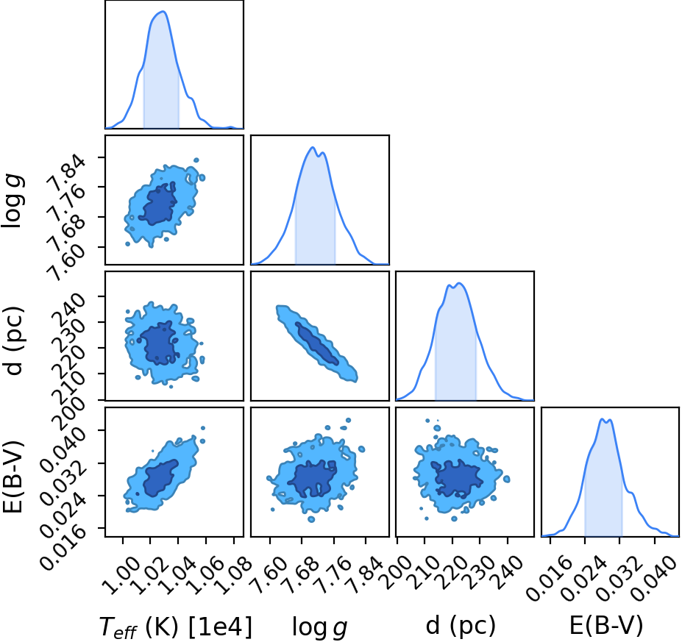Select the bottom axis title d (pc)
[x=461, y=625]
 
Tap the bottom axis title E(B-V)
[x=606, y=625]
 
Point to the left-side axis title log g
[x=13, y=201]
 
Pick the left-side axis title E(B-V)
[x=13, y=477]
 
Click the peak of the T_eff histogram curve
[x=164, y=12]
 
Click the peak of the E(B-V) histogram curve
[x=603, y=419]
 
